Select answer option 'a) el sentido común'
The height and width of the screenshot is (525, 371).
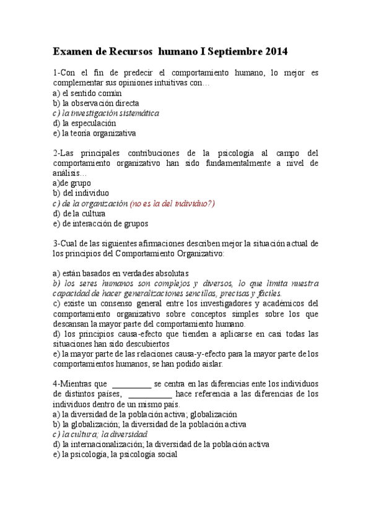click(87, 93)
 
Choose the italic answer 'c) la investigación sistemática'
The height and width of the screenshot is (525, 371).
click(106, 113)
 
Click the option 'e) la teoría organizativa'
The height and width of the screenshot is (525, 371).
click(94, 133)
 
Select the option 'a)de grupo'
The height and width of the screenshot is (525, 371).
click(72, 183)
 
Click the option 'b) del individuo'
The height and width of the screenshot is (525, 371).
click(81, 193)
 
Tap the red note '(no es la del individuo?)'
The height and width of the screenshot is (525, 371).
click(172, 204)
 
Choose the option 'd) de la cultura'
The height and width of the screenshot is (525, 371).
click(79, 214)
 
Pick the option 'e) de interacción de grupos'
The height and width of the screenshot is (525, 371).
click(100, 223)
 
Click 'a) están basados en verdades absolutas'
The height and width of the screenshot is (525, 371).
click(121, 273)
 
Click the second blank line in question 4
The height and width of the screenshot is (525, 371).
click(150, 394)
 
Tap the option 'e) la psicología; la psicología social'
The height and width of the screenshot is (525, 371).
click(115, 454)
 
